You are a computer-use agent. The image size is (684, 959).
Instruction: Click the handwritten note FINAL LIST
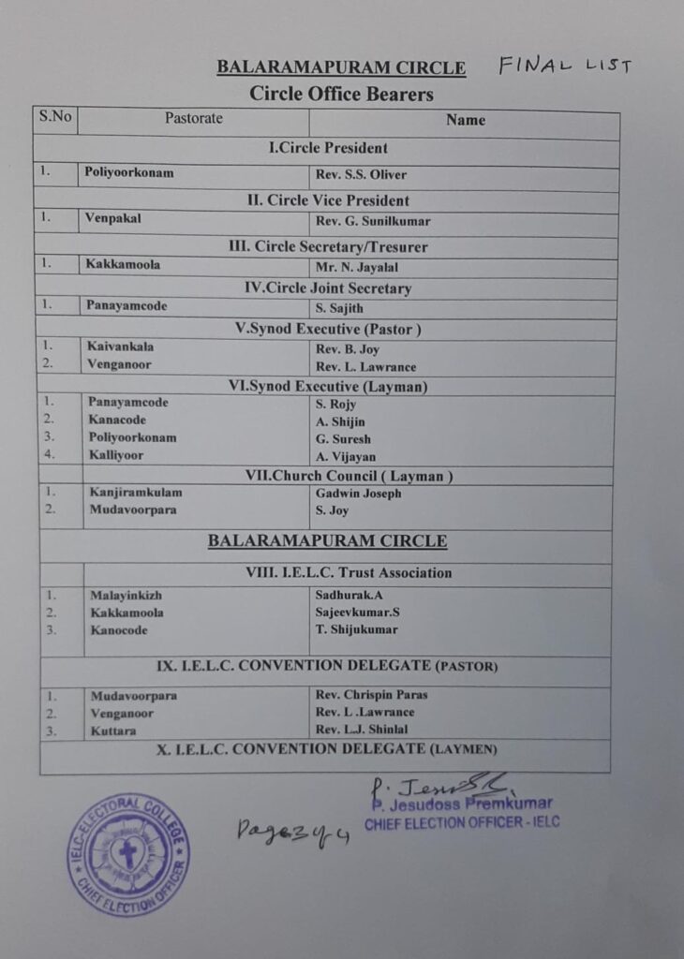pyautogui.click(x=565, y=65)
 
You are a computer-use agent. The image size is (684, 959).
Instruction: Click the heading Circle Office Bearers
pyautogui.click(x=341, y=94)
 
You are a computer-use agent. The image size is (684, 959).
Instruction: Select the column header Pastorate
pyautogui.click(x=194, y=119)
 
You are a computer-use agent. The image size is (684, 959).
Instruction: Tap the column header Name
pyautogui.click(x=465, y=120)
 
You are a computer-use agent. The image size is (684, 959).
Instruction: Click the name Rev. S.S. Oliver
pyautogui.click(x=362, y=175)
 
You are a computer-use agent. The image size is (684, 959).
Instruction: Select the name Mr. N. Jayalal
pyautogui.click(x=358, y=266)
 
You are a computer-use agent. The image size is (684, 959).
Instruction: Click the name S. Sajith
pyautogui.click(x=340, y=308)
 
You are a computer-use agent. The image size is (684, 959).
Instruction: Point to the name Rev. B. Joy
pyautogui.click(x=348, y=349)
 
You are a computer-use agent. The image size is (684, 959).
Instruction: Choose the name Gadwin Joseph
pyautogui.click(x=359, y=494)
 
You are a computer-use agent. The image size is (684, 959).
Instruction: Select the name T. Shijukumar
pyautogui.click(x=357, y=629)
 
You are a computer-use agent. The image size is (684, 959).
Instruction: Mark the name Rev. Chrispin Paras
pyautogui.click(x=372, y=695)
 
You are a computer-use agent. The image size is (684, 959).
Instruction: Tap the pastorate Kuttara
pyautogui.click(x=112, y=730)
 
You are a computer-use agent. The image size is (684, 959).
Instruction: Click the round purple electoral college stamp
pyautogui.click(x=127, y=854)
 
